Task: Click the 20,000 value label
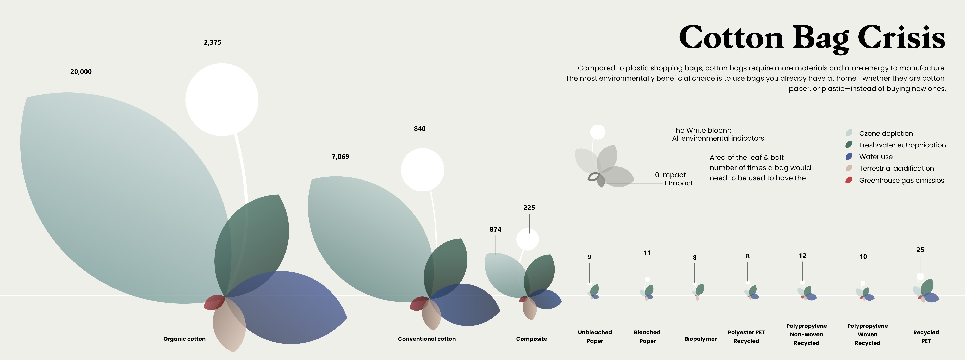[x=81, y=72]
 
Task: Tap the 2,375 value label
[x=212, y=42]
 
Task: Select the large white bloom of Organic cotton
[x=222, y=100]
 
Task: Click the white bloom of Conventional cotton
[x=422, y=170]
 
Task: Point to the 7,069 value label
[x=340, y=157]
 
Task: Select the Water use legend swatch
[x=849, y=157]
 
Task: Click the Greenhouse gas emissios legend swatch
[x=849, y=180]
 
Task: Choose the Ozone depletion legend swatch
[x=849, y=133]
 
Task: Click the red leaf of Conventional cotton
[x=419, y=303]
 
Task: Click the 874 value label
[x=495, y=229]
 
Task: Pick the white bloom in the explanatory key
[x=597, y=132]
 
